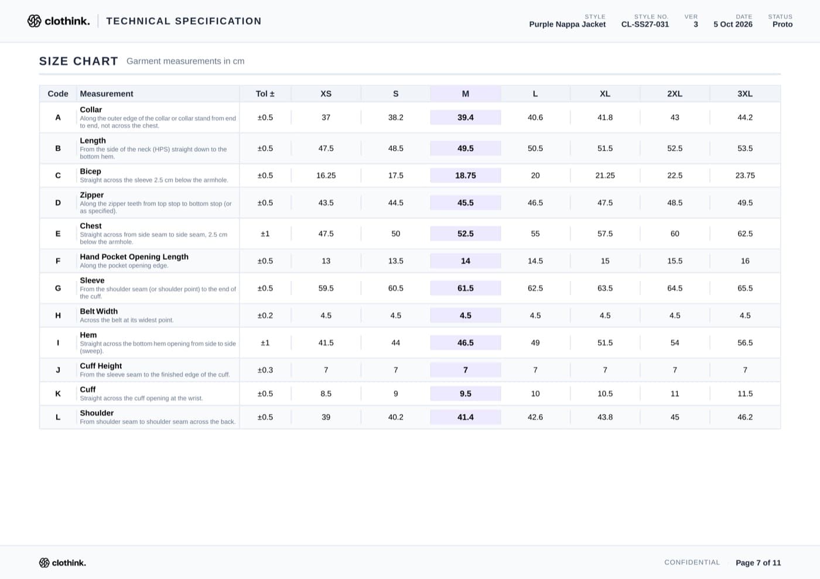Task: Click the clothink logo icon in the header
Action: point(35,21)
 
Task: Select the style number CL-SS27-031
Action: point(645,24)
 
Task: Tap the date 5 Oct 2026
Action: point(733,24)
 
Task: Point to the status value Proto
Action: point(783,24)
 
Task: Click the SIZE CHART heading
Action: point(78,61)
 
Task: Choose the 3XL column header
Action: point(744,94)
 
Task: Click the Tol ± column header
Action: point(265,94)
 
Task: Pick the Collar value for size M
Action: point(465,118)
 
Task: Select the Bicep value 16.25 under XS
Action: point(326,175)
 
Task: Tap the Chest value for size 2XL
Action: point(675,234)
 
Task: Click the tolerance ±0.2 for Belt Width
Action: point(265,316)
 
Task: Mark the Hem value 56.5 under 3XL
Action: point(745,342)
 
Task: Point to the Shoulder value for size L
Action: point(535,417)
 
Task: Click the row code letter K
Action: point(58,393)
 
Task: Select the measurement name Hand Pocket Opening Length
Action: point(134,256)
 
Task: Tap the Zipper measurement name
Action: point(91,195)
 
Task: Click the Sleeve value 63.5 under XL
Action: point(604,288)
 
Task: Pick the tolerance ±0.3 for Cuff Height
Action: point(265,370)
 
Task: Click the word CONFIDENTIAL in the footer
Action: point(692,562)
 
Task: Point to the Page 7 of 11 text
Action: point(758,563)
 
